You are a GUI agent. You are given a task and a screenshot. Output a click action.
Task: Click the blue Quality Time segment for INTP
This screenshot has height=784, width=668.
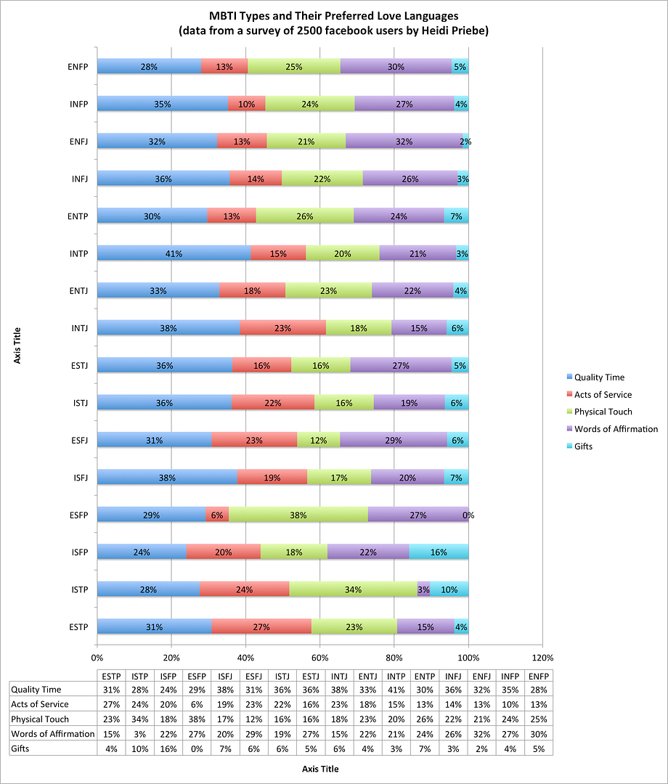pyautogui.click(x=174, y=253)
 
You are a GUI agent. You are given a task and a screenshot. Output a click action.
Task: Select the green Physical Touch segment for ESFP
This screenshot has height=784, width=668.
pyautogui.click(x=298, y=515)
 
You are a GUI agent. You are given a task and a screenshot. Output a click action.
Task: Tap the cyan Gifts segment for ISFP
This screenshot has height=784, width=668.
pyautogui.click(x=439, y=552)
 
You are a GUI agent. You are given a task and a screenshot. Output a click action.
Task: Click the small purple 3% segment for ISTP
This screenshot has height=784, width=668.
pyautogui.click(x=423, y=589)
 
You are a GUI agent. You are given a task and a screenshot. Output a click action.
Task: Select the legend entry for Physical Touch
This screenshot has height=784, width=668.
pyautogui.click(x=603, y=412)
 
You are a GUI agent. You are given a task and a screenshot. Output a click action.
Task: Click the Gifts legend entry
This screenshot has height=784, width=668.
pyautogui.click(x=583, y=446)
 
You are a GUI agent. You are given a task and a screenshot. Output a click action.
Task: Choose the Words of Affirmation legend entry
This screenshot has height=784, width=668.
pyautogui.click(x=616, y=429)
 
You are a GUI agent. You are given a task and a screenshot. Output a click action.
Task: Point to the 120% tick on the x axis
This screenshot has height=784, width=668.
pyautogui.click(x=543, y=657)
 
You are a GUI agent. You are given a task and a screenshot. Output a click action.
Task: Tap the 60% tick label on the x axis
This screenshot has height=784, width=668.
pyautogui.click(x=320, y=657)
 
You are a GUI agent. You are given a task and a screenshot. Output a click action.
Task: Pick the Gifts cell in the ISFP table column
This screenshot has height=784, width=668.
pyautogui.click(x=167, y=748)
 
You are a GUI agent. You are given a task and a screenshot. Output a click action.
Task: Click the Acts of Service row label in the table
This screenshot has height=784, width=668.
pyautogui.click(x=41, y=704)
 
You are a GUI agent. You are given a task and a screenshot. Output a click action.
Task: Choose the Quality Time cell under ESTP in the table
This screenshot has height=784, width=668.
pyautogui.click(x=110, y=690)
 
